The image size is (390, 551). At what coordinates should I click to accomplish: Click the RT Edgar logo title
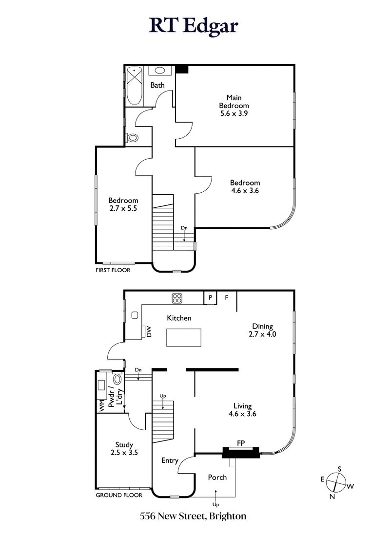(194, 25)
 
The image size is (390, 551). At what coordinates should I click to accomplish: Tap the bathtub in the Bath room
(134, 86)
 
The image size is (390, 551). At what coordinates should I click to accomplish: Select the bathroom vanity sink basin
(160, 71)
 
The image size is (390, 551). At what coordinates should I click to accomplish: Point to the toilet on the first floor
(132, 138)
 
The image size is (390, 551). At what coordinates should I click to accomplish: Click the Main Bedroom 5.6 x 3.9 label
(234, 106)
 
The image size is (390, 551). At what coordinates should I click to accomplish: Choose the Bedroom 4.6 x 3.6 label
(245, 187)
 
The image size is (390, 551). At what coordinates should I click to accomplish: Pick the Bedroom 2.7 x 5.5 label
(123, 204)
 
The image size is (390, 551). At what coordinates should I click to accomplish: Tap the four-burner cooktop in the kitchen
(176, 298)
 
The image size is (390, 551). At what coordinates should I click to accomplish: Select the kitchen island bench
(184, 337)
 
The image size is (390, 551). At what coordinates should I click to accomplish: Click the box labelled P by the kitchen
(211, 297)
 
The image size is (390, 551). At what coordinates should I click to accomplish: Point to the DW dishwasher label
(150, 332)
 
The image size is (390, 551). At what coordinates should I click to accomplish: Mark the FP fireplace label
(240, 443)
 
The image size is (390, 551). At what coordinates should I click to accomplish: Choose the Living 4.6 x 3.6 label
(242, 410)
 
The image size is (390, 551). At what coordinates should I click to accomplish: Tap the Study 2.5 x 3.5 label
(124, 448)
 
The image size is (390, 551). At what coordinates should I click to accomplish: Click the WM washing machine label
(102, 405)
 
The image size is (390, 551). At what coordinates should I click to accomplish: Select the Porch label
(217, 477)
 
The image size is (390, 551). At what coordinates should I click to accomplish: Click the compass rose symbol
(336, 482)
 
